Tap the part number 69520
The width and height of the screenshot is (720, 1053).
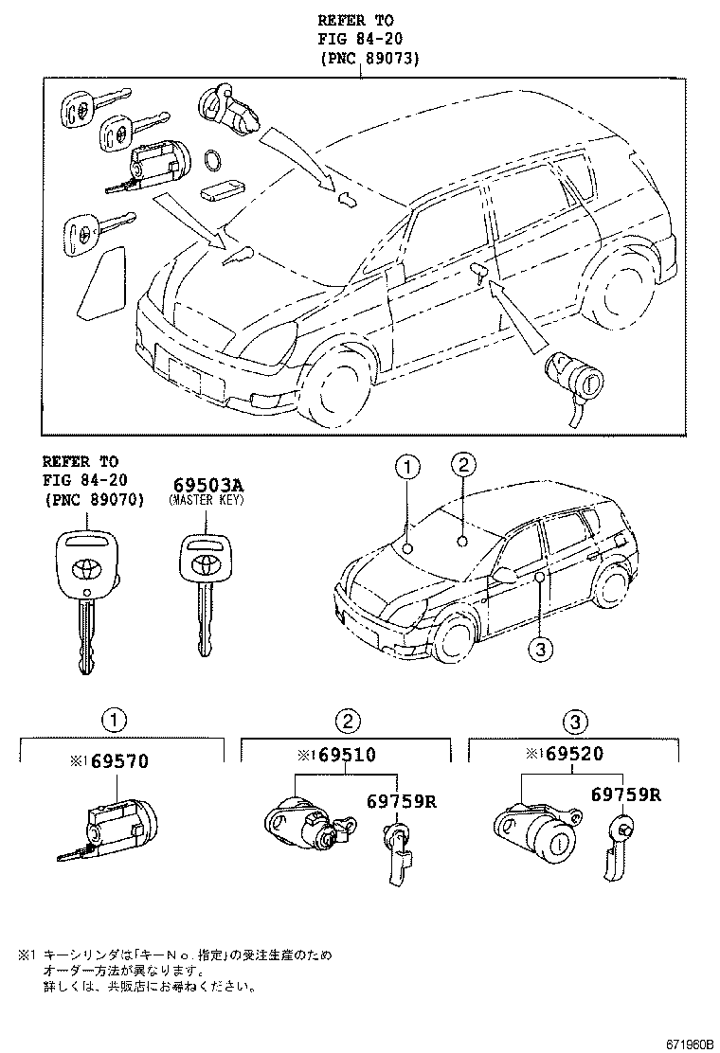(x=571, y=755)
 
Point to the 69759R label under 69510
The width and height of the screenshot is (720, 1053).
(x=400, y=801)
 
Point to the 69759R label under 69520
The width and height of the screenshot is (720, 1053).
(x=625, y=794)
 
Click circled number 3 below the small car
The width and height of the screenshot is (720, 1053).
(x=539, y=649)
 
